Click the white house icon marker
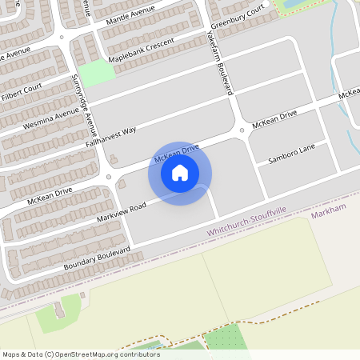pos(180,173)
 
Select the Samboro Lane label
pos(292,155)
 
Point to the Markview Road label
pos(121,211)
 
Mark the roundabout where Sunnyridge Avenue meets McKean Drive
pos(109,177)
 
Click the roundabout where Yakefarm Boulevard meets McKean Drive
pos(241,130)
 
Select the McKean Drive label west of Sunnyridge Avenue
pos(50,195)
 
